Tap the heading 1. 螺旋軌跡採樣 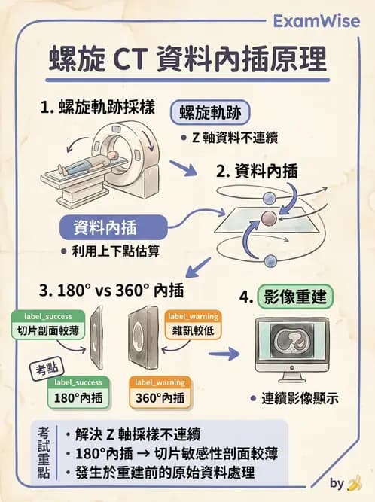pos(97,107)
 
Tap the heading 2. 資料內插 pos(256,171)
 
